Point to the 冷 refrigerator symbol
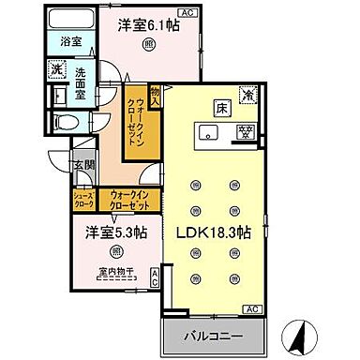[x=248, y=95]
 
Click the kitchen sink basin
[x=209, y=131]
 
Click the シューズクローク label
[x=83, y=199]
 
